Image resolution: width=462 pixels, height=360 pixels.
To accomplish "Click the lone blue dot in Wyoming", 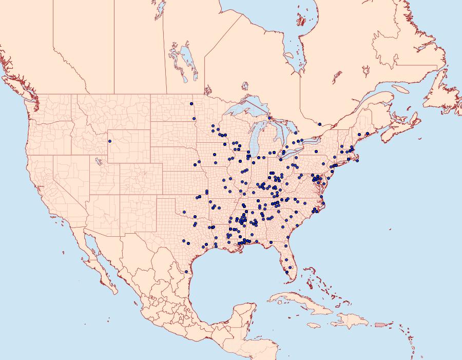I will pyautogui.click(x=110, y=141).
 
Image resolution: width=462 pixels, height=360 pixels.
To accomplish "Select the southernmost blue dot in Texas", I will pyautogui.click(x=186, y=272).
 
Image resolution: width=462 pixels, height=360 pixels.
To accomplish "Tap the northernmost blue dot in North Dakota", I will pyautogui.click(x=191, y=104).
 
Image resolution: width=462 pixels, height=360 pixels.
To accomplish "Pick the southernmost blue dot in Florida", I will pyautogui.click(x=287, y=273).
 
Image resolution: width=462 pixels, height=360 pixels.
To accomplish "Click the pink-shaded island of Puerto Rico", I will pyautogui.click(x=380, y=324).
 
